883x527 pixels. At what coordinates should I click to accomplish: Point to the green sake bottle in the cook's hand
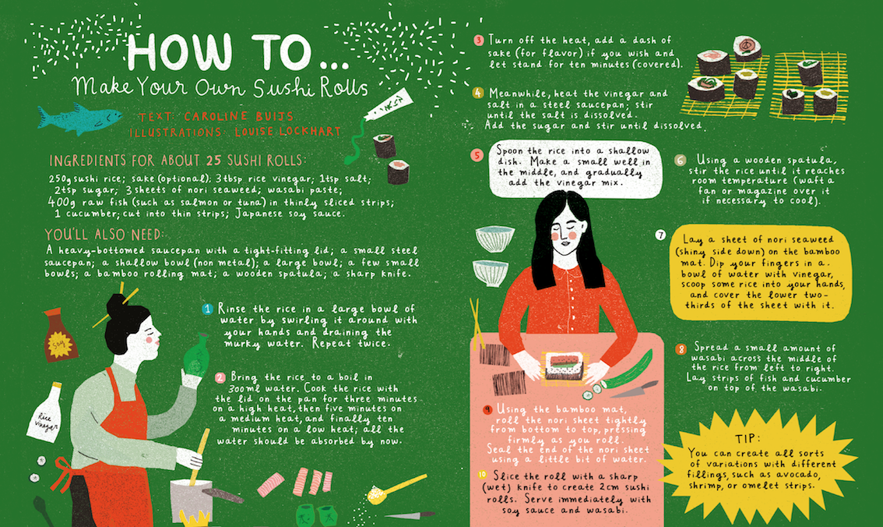coord(196,355)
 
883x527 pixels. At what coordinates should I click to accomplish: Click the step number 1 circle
coord(207,309)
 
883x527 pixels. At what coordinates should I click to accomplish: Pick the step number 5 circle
coord(477,155)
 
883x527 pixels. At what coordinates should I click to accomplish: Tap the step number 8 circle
coord(681,349)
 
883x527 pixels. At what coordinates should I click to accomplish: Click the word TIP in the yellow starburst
coord(748,439)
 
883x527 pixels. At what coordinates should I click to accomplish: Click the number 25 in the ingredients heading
coord(213,161)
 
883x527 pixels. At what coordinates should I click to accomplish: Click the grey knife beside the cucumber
coord(634,390)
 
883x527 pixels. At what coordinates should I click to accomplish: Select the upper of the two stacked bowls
coord(495,238)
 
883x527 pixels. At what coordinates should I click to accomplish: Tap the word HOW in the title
coord(179,52)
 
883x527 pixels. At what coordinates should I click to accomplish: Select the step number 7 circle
coord(660,235)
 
